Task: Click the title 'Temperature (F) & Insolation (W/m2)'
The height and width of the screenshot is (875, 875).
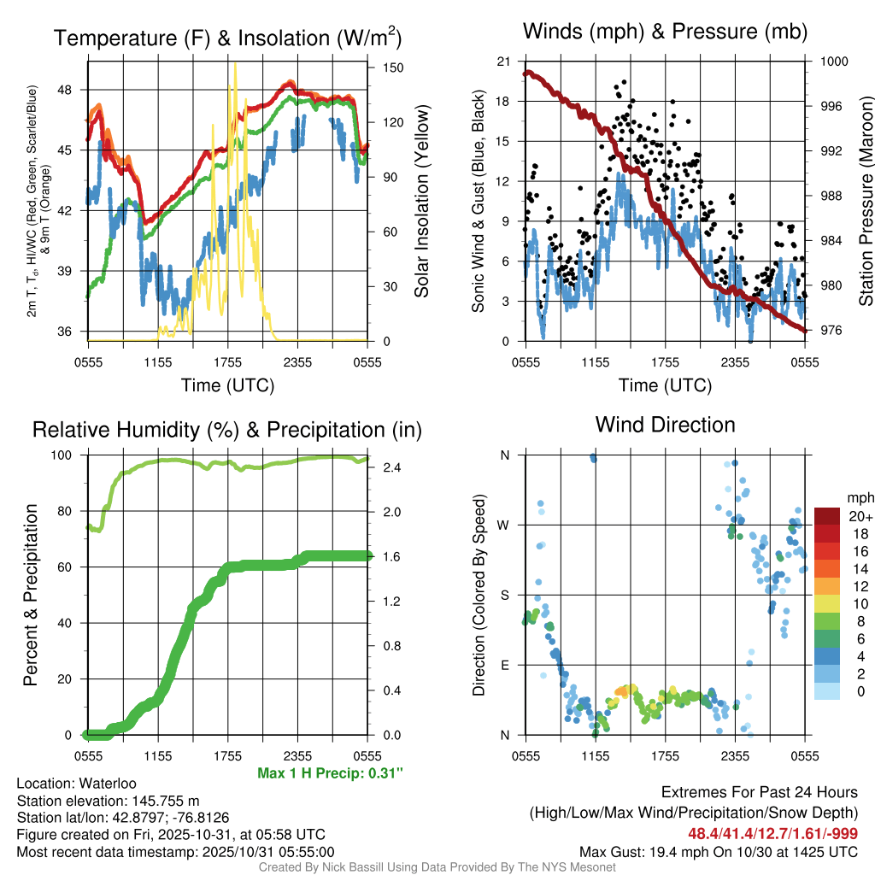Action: [x=227, y=38]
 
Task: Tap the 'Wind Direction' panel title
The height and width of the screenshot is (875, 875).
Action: [x=665, y=425]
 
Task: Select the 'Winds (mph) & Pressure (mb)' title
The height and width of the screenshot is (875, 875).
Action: [x=665, y=32]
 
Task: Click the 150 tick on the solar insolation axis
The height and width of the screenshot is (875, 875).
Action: [x=381, y=67]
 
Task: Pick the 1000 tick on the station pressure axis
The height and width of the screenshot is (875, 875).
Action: [x=832, y=62]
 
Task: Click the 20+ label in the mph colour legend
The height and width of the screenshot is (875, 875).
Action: [x=859, y=516]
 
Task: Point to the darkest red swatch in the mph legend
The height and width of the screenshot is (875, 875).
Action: [x=827, y=516]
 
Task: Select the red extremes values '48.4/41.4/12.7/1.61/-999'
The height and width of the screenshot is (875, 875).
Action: [x=772, y=833]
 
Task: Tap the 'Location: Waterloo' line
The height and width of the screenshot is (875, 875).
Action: [x=76, y=784]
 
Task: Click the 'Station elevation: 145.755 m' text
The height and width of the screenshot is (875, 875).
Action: [x=108, y=801]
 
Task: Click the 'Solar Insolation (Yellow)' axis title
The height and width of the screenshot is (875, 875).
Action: [x=421, y=201]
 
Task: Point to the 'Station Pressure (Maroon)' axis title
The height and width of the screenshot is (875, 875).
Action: [x=865, y=201]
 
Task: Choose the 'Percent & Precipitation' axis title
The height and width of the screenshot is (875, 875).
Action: [x=31, y=594]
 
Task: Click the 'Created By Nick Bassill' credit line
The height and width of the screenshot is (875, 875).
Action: [x=437, y=867]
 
